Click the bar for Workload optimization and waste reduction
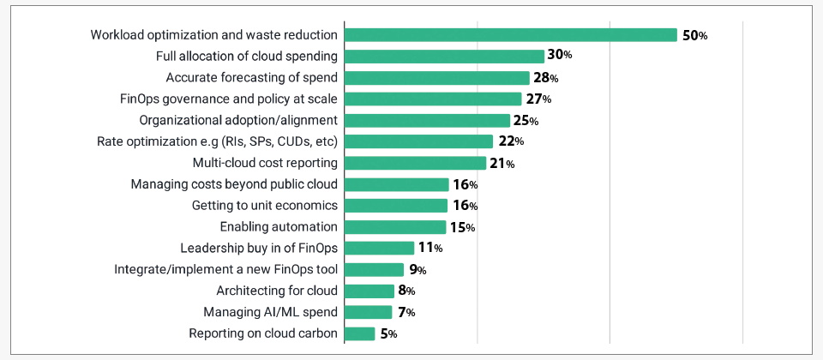coord(511,35)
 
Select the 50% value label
coord(695,35)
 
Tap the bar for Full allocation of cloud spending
coord(444,57)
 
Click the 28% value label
coord(546,78)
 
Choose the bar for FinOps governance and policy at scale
coord(433,99)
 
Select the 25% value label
coord(526,121)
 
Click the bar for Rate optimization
coord(418,141)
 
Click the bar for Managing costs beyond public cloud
coord(397,184)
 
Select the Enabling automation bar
coord(395,227)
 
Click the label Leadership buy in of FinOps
coord(259,249)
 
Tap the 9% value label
coord(418,270)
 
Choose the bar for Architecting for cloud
coord(369,291)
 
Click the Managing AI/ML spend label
coord(270,312)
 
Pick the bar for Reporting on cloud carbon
coord(360,333)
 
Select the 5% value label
coord(388,334)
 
